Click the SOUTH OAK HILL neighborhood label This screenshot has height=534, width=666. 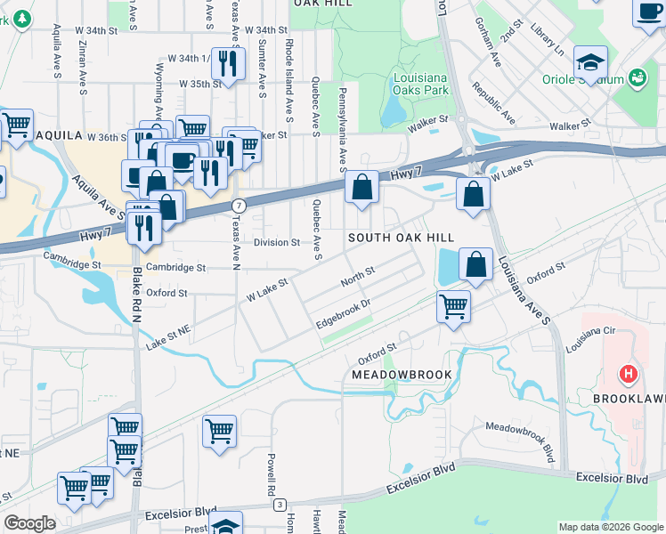401,238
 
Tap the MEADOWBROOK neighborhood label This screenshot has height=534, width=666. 401,375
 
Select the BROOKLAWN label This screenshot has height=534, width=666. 629,400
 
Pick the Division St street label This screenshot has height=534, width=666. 276,242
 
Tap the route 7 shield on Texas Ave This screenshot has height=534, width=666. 238,206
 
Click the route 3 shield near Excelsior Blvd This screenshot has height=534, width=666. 280,506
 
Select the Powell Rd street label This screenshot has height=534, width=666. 270,474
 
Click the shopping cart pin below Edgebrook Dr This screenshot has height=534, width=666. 454,307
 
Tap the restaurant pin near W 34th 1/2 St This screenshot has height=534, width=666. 229,63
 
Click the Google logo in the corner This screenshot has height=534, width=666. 29,523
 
